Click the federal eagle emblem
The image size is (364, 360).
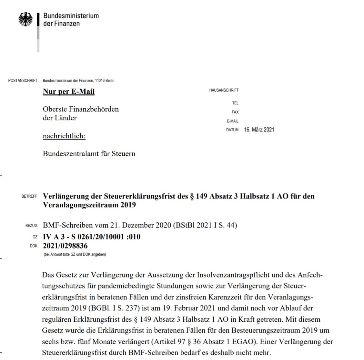(x=26, y=20)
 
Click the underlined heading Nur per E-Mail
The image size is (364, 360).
(x=69, y=92)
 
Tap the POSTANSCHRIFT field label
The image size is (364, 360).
(x=23, y=81)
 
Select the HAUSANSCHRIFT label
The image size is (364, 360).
(x=224, y=90)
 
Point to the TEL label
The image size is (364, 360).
(x=235, y=103)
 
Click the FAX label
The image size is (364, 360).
(x=235, y=112)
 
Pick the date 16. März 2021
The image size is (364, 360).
(x=259, y=130)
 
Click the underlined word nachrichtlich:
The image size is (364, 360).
(x=64, y=136)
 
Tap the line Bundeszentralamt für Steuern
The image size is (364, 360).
(x=89, y=154)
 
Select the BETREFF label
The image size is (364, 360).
(x=29, y=196)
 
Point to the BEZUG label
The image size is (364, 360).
(x=31, y=226)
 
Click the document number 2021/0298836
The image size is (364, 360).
(x=65, y=246)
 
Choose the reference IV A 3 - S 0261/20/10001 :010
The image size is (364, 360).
(x=92, y=237)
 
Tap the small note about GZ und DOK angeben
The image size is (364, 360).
(x=75, y=254)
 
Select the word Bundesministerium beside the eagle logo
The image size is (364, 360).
(x=71, y=16)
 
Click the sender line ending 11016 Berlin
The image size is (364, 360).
(x=78, y=81)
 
